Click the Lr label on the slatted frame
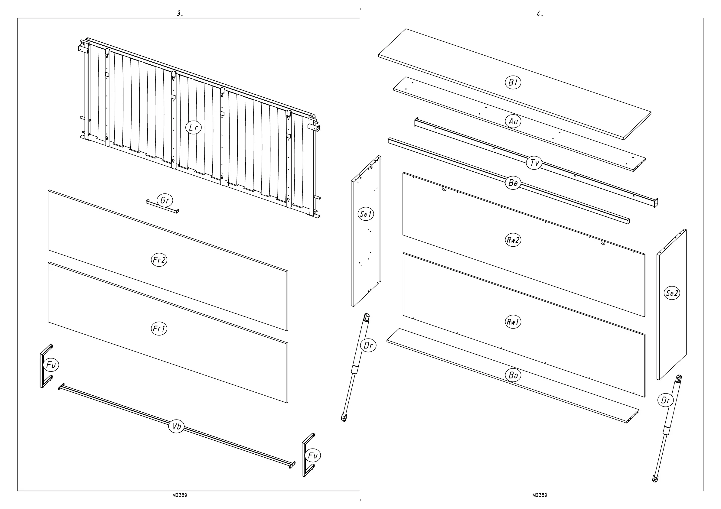pos(194,128)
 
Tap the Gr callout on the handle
pos(165,200)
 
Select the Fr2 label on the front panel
pos(159,260)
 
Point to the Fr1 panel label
pos(159,329)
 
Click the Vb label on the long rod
pos(177,426)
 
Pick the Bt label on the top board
pos(513,83)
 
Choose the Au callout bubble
pos(513,121)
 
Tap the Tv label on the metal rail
pos(534,163)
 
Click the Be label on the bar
pos(513,183)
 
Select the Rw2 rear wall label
pos(513,240)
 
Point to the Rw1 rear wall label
pos(513,322)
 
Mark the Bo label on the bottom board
pos(513,375)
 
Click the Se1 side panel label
pos(366,214)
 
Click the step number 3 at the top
pos(180,14)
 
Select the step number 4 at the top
pos(540,14)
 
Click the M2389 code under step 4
pos(540,495)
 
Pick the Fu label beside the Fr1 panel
pos(51,365)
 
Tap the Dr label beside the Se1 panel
pos(368,345)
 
